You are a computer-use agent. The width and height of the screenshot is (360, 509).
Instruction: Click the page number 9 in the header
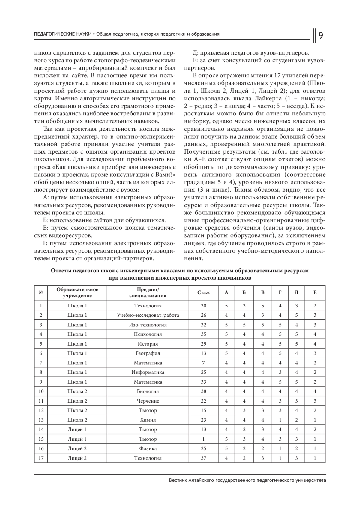(x=320, y=36)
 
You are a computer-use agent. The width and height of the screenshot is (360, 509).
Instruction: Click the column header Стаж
(x=204, y=292)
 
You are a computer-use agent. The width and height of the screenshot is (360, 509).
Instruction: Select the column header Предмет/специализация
(x=148, y=292)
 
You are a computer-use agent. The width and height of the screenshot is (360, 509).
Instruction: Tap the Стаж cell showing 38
(x=204, y=391)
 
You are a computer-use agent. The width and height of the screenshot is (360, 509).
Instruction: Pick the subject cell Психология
(x=148, y=334)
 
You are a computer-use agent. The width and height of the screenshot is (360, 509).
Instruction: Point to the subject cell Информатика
(x=148, y=372)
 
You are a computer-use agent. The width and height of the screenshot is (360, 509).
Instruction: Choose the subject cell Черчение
(x=148, y=401)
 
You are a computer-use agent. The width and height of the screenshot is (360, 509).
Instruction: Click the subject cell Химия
(x=148, y=420)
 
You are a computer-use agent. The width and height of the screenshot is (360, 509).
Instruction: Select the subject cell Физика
(x=148, y=448)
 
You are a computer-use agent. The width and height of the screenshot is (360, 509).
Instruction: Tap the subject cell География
(x=148, y=353)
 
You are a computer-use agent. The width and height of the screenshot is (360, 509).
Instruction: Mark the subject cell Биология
(x=148, y=391)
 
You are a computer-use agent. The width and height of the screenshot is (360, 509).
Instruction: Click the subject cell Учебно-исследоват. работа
(x=148, y=315)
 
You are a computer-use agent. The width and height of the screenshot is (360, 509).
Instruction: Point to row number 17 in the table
(x=41, y=458)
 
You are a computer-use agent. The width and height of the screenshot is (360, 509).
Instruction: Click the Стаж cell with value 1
(x=204, y=439)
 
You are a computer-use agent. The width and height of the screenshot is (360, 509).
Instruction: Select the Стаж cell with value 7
(x=204, y=363)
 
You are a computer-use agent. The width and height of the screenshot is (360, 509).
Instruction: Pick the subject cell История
(x=148, y=344)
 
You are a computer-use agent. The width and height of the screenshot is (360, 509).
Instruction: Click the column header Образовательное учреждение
(x=77, y=292)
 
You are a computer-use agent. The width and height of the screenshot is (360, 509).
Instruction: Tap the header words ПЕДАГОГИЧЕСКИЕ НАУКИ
(x=63, y=34)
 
